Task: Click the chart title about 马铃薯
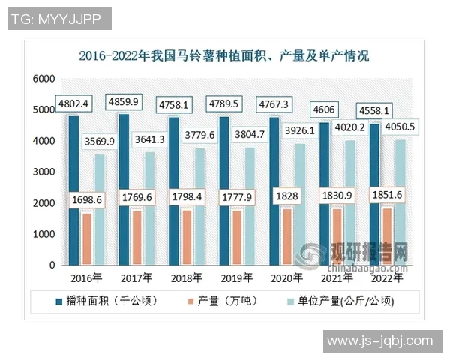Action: [x=224, y=55]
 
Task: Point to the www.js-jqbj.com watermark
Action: [x=380, y=341]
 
